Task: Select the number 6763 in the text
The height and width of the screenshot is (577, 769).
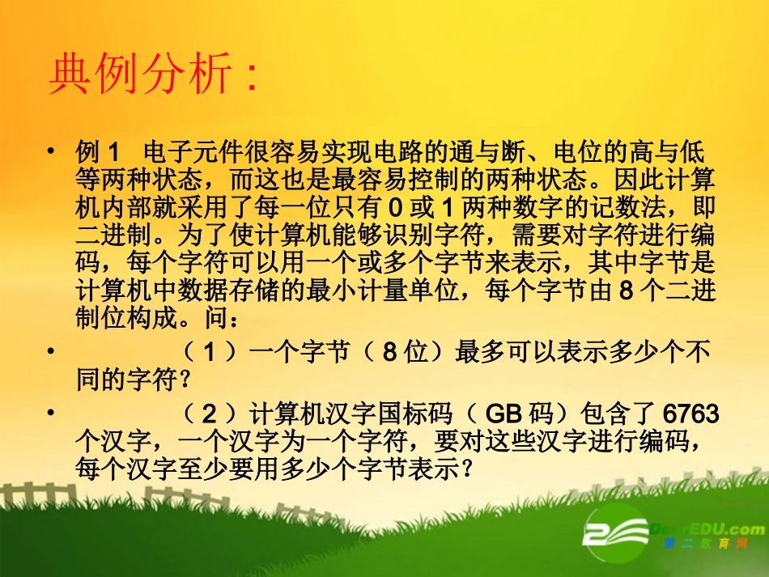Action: click(x=690, y=414)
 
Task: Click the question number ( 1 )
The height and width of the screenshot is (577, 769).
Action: click(x=210, y=352)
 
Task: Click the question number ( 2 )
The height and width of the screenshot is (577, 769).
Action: click(x=210, y=414)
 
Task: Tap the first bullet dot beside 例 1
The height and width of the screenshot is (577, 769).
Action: click(x=52, y=151)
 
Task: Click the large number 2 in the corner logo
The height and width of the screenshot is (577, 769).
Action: click(x=603, y=532)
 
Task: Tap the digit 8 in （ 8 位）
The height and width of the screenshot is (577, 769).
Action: click(x=389, y=352)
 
